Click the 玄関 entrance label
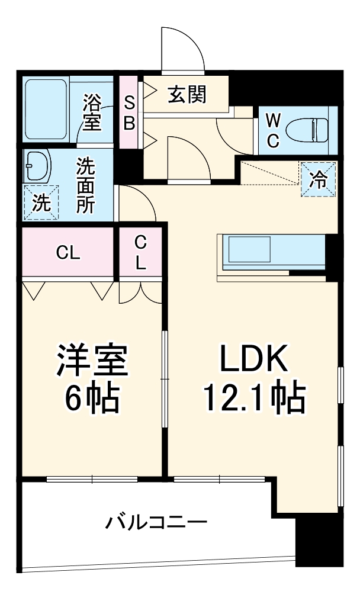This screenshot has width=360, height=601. click(187, 95)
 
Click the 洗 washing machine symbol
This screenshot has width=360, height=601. click(41, 203)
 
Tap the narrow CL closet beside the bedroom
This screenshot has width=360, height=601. click(140, 253)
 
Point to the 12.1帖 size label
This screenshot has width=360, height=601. click(254, 398)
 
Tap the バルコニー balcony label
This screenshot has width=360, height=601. click(157, 522)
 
